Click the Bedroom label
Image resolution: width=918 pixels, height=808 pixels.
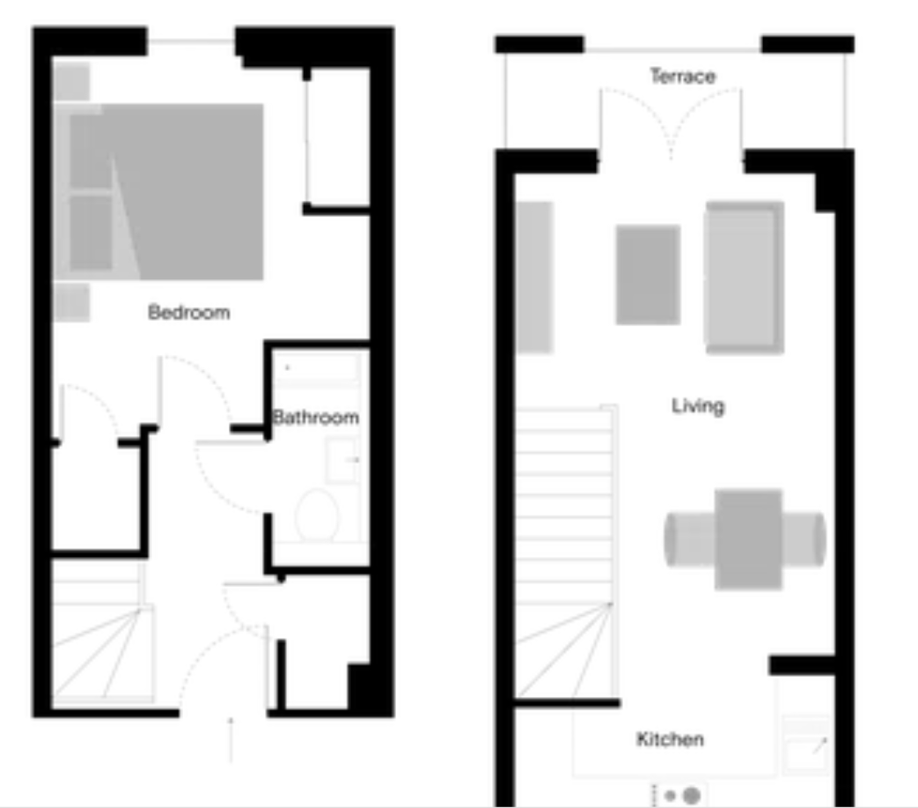coord(188,312)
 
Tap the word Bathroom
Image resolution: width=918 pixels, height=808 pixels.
coord(316,417)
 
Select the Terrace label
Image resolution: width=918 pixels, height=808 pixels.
coord(683,76)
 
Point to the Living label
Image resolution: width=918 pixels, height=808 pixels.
coord(698,405)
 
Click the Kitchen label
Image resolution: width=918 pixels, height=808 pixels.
coord(671,739)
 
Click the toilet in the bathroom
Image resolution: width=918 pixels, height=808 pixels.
coord(317,515)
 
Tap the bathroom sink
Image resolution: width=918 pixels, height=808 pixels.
coord(342,461)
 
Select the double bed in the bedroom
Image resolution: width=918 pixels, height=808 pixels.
coord(158,191)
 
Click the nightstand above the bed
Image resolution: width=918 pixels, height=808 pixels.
coord(72,81)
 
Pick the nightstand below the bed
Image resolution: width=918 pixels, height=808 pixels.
coord(72,302)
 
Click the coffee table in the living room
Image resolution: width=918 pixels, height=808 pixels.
coord(648,274)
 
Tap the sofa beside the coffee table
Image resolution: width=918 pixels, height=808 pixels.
coord(745,278)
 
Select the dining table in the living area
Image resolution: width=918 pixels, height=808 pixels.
coord(748,539)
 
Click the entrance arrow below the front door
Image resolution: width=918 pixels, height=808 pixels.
coord(231,739)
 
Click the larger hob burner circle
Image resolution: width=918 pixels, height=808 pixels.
coord(692,795)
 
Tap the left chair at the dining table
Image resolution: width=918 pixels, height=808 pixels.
coord(690,539)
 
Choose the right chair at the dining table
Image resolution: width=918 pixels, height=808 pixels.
coord(804,539)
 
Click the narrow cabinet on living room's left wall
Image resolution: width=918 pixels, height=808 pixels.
coord(534,278)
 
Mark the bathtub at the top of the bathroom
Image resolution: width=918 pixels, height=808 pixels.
coord(317,370)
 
